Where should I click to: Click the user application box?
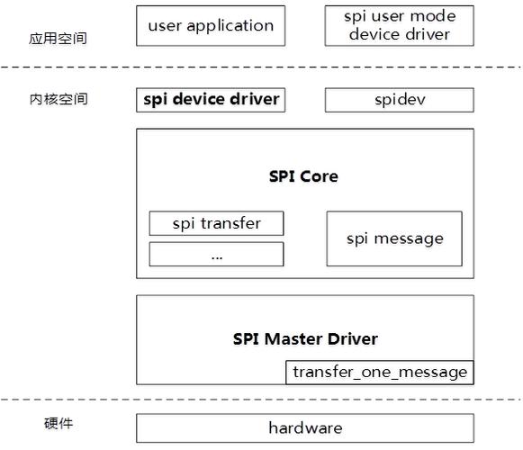coord(211,26)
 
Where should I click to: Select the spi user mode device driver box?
coord(400,26)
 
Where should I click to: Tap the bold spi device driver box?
coord(211,100)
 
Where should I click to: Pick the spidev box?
coord(400,100)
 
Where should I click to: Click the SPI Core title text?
coord(303,176)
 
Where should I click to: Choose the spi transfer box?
coord(216,223)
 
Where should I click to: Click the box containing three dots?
coord(216,254)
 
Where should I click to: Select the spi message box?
coord(394,238)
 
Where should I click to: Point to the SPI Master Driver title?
coord(305,339)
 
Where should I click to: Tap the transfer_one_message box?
coord(380,373)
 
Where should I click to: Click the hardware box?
coord(305,428)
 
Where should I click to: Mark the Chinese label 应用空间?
coord(58,39)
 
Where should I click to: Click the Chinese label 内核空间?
coord(59,99)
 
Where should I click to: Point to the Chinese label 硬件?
coord(59,424)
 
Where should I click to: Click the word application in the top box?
coord(230,26)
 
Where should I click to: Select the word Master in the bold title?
coord(293,339)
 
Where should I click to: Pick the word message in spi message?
coord(409,239)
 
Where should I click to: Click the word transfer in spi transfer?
coord(230,223)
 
